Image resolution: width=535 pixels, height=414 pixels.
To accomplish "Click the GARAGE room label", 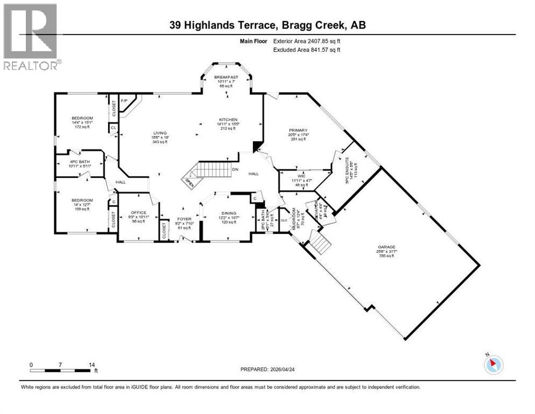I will (x=385, y=247).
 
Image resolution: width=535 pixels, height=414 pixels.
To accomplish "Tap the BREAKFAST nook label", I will (x=226, y=77).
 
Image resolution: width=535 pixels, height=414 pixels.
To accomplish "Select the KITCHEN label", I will (x=228, y=120).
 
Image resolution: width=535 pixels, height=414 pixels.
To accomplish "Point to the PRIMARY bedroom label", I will (x=298, y=130).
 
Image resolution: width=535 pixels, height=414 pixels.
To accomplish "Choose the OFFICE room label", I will (x=138, y=212).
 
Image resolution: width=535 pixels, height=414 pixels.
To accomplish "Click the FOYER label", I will (x=184, y=219).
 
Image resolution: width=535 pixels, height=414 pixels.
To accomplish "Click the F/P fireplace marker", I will (x=124, y=101).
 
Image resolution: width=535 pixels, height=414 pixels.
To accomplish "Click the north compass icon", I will (x=494, y=364).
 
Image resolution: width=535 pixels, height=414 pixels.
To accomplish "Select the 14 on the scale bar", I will (x=91, y=364).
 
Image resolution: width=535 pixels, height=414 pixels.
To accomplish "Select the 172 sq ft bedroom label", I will (x=83, y=127).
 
